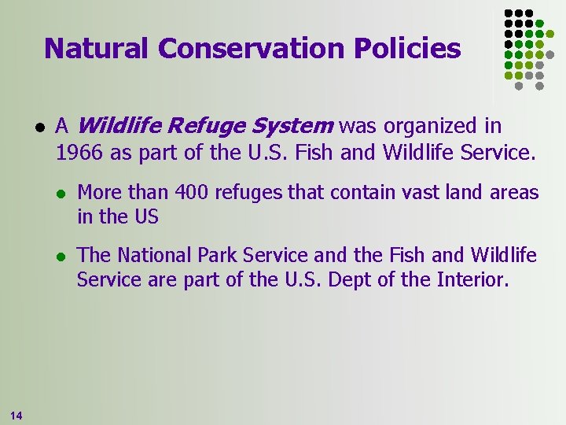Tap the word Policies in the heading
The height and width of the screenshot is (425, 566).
406,49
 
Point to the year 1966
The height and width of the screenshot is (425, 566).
80,152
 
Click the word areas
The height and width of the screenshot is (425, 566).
515,193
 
